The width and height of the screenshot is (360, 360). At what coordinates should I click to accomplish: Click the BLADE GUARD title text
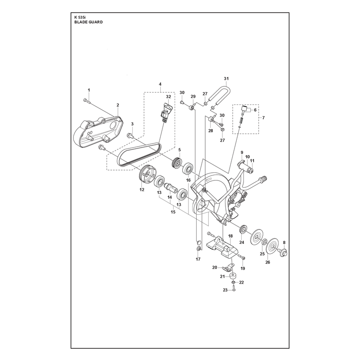(88, 22)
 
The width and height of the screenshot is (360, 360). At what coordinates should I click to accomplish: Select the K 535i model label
(80, 17)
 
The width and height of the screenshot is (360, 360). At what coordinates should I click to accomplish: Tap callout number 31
(226, 78)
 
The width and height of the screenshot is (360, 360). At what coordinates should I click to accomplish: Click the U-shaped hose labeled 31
(220, 95)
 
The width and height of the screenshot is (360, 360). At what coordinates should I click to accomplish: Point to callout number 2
(118, 105)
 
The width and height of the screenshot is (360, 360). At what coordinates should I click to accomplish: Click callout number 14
(170, 197)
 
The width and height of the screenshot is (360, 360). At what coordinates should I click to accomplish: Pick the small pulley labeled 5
(177, 163)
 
